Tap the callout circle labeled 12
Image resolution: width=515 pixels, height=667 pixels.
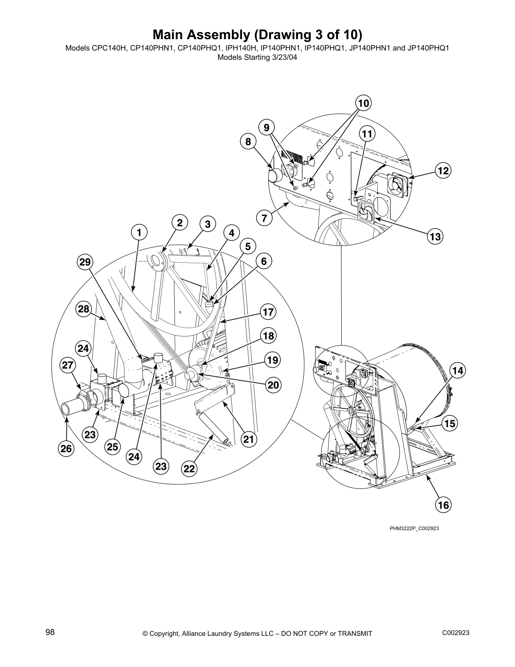[x=443, y=171]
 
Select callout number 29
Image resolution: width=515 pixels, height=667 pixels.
[x=85, y=262]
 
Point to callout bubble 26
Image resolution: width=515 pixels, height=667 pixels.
[x=66, y=448]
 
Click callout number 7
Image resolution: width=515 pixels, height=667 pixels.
[x=264, y=218]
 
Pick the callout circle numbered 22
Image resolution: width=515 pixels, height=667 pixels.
[x=189, y=469]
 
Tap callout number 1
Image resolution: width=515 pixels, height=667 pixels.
[x=139, y=232]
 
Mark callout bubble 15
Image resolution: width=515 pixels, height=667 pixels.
[x=450, y=423]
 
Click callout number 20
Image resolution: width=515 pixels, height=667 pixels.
[x=273, y=385]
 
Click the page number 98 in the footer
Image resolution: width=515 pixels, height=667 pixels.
[x=50, y=632]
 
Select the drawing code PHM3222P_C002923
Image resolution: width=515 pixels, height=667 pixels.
[x=414, y=528]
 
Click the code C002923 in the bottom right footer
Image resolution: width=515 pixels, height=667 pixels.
[x=456, y=633]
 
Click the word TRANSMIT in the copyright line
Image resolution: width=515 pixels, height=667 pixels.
[x=353, y=634]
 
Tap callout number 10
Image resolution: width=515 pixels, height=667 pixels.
[x=363, y=103]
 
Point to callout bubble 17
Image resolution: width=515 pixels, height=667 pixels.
[x=268, y=312]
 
